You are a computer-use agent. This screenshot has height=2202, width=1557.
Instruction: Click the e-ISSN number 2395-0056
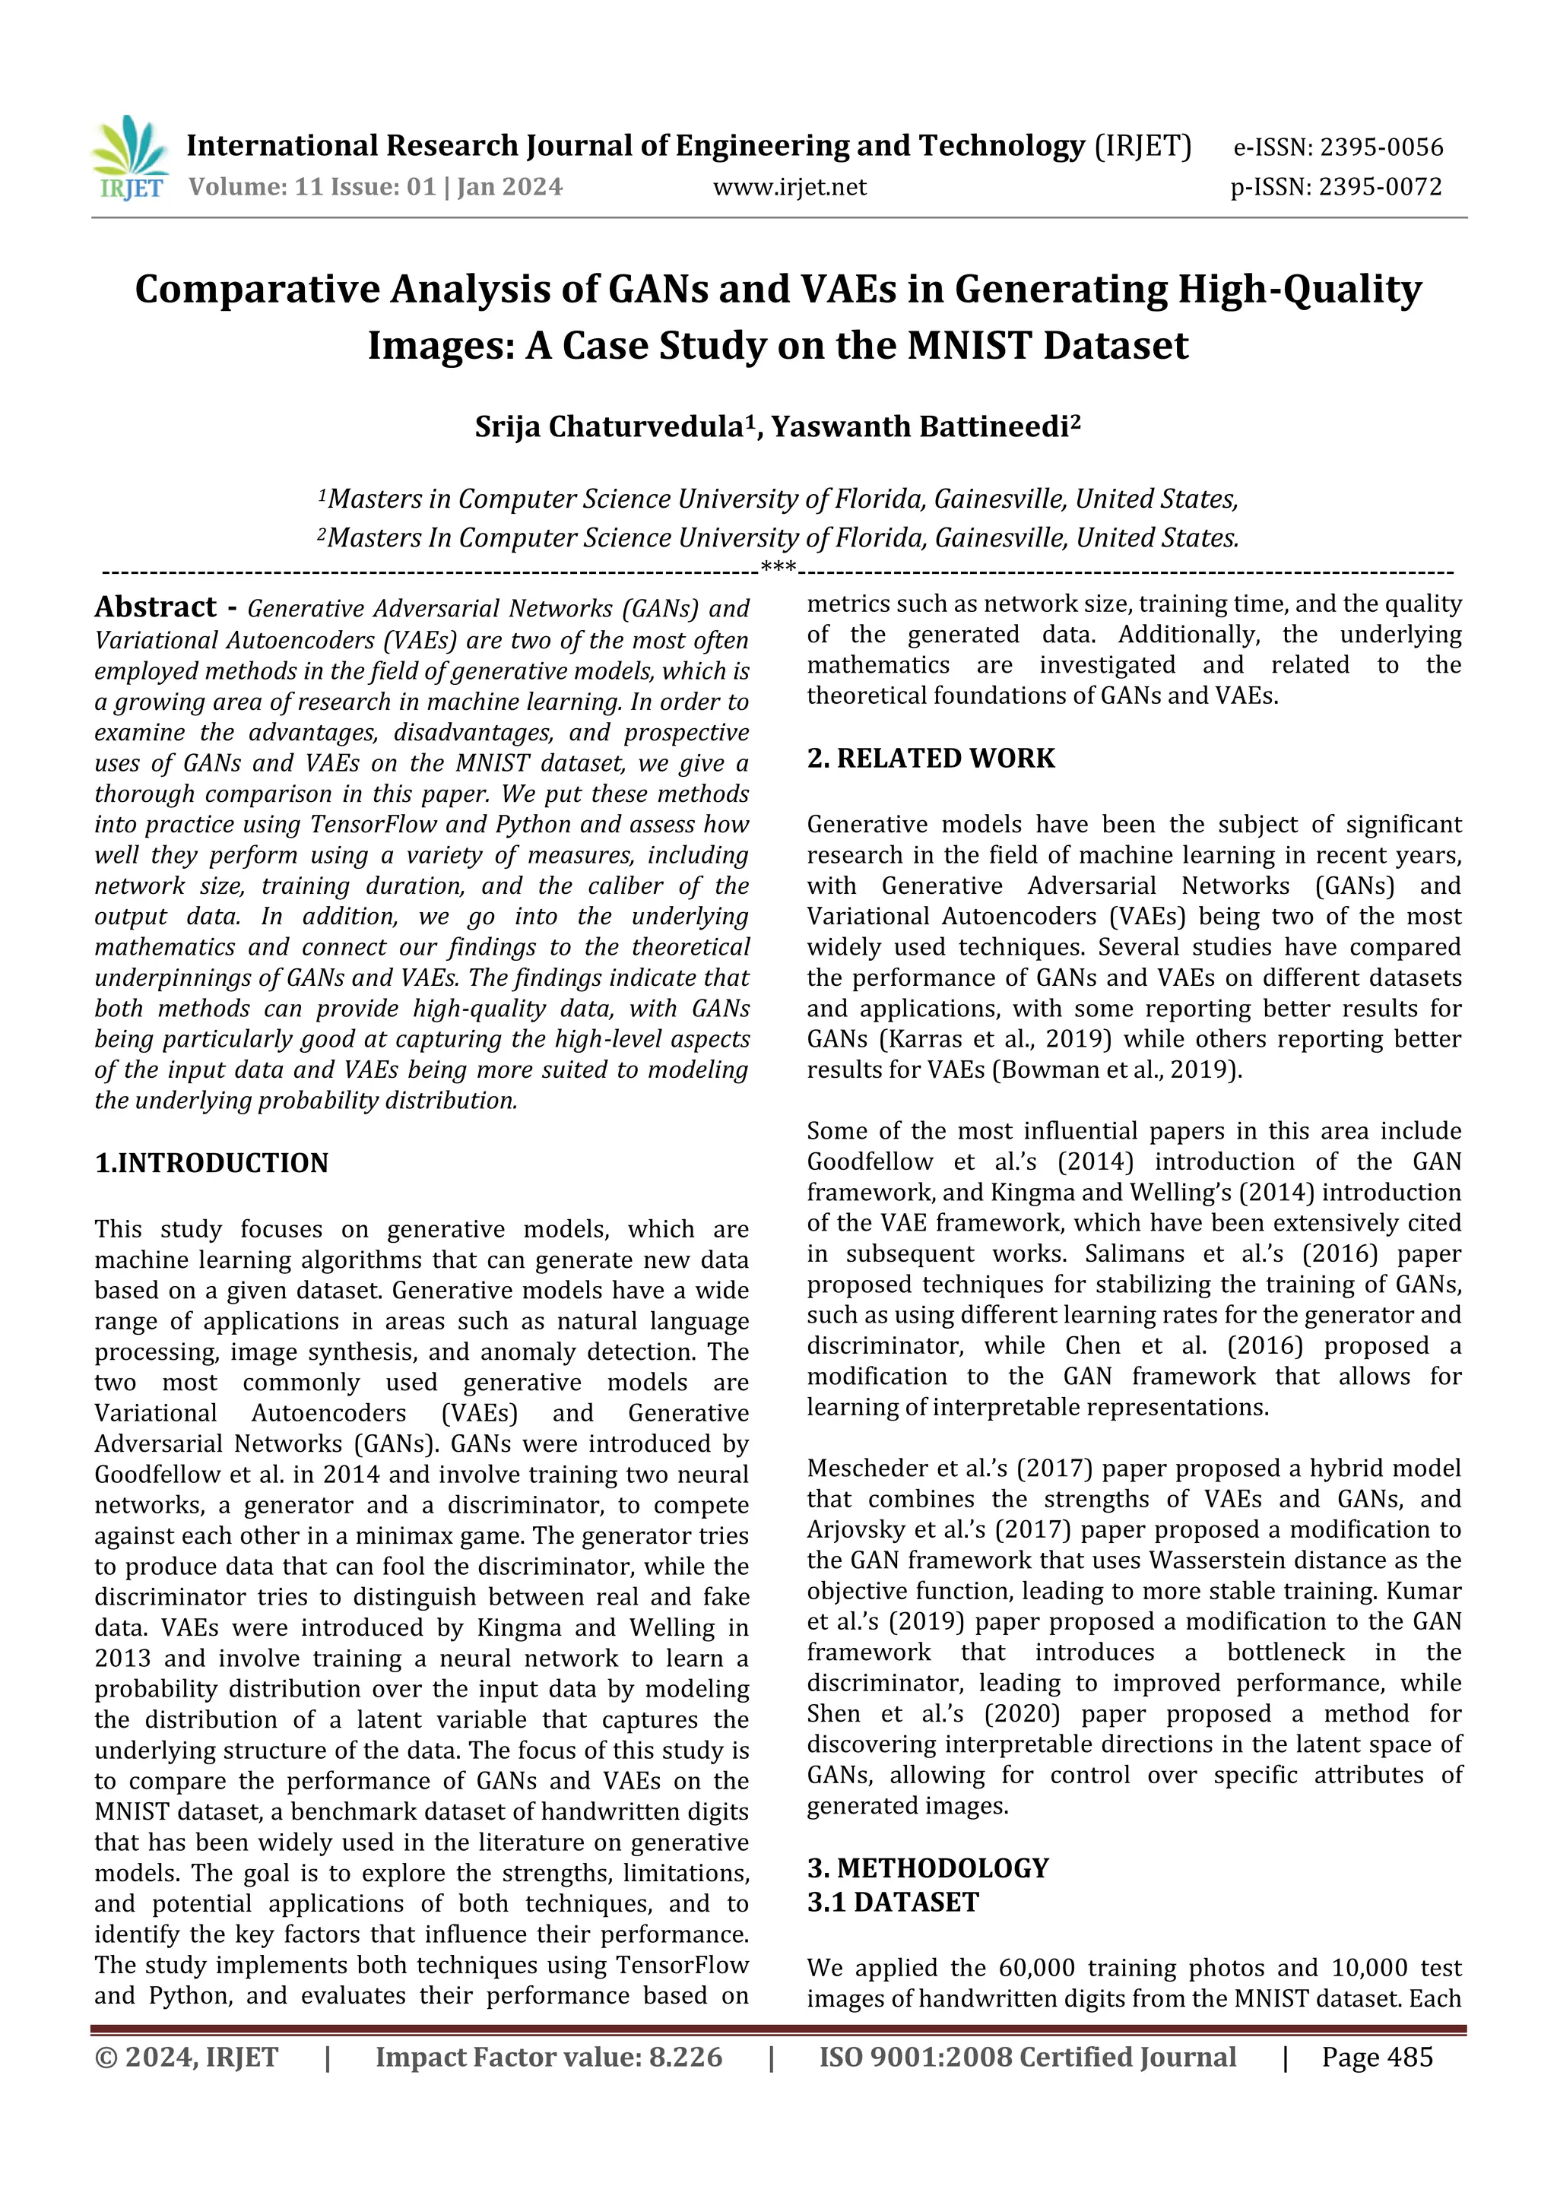coord(1381,147)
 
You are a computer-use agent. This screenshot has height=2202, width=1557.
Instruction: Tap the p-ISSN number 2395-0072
coord(1380,187)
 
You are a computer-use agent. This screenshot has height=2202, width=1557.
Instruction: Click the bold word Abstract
coord(155,607)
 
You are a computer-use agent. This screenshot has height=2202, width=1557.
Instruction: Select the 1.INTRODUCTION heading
coord(211,1164)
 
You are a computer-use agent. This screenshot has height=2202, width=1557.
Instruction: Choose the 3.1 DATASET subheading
coord(893,1903)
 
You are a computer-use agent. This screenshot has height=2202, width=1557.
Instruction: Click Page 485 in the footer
coord(1377,2057)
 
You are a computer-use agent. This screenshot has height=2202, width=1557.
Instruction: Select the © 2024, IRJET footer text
coord(186,2057)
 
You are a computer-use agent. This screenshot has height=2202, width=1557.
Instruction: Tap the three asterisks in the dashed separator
coord(778,568)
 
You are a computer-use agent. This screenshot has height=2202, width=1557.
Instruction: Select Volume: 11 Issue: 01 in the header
coord(312,187)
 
